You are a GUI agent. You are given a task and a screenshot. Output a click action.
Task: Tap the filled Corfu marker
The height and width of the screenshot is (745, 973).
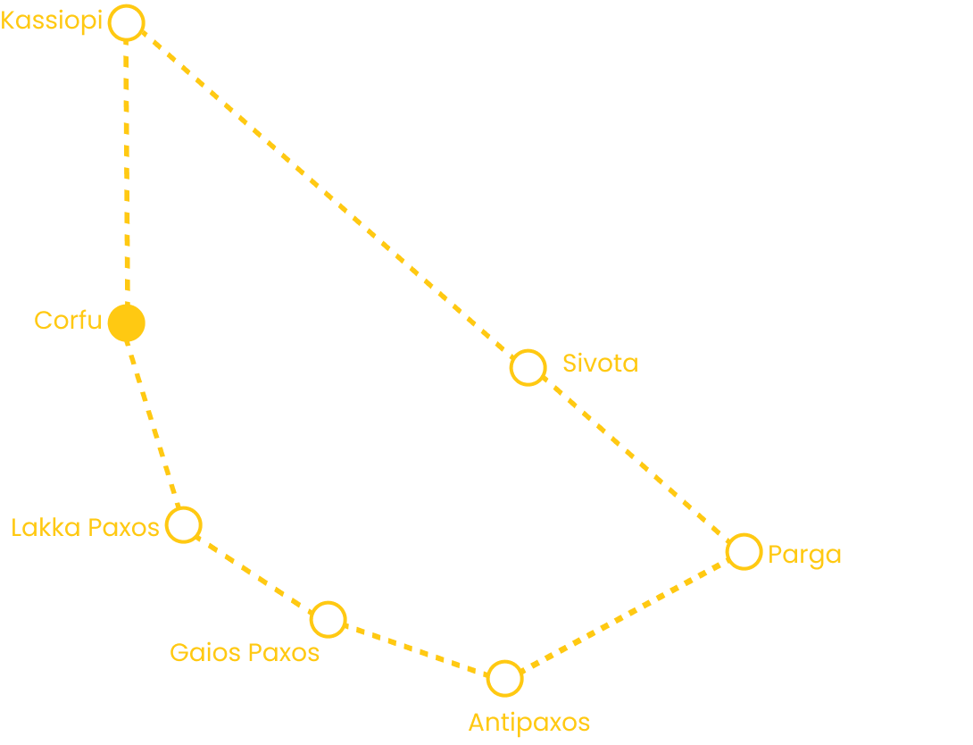127,322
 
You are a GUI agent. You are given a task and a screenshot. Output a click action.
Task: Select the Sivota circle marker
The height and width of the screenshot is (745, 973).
528,352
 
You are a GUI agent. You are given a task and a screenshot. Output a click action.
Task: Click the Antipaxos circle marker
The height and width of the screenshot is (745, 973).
505,663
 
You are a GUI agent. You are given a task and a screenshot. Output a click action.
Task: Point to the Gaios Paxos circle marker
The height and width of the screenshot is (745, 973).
328,604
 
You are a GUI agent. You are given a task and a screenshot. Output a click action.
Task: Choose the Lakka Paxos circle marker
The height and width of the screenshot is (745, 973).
184,509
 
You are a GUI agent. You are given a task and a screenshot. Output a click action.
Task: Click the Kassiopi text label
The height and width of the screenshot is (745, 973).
52,21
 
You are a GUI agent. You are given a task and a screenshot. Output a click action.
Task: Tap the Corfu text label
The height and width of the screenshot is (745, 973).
68,321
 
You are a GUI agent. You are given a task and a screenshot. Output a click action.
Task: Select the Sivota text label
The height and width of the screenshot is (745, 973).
601,364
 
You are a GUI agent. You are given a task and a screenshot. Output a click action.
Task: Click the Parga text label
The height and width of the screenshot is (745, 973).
805,555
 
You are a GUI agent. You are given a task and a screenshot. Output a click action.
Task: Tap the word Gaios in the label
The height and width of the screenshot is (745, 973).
204,652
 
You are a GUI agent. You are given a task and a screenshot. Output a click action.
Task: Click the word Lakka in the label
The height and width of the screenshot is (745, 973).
46,528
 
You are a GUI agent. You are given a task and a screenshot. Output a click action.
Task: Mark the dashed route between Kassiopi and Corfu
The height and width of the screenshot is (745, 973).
127,172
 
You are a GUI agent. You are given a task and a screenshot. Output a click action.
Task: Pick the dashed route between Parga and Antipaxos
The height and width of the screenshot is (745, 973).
624,615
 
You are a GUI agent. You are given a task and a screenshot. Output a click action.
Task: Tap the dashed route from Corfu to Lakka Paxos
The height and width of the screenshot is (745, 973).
154,424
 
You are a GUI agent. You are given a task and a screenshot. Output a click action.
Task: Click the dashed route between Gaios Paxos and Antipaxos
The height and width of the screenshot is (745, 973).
416,649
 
